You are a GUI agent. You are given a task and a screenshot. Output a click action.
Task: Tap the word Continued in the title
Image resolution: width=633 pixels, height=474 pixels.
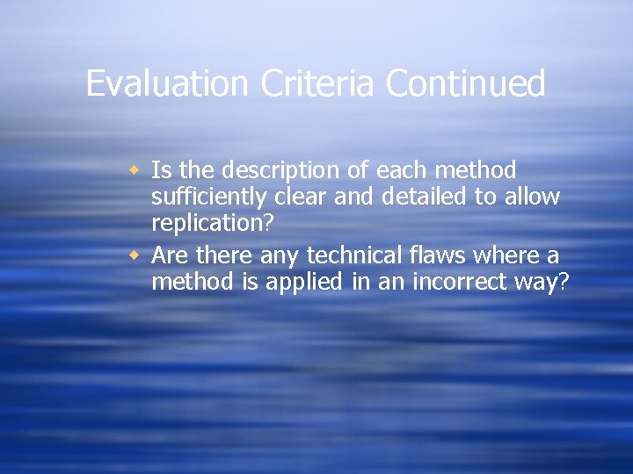pyautogui.click(x=466, y=84)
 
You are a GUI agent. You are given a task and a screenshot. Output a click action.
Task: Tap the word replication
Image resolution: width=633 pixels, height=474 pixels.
pyautogui.click(x=206, y=224)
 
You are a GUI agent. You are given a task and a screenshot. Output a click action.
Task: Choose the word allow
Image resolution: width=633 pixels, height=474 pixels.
pyautogui.click(x=532, y=197)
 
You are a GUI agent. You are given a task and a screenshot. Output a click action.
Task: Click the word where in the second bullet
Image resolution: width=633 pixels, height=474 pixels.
pyautogui.click(x=509, y=255)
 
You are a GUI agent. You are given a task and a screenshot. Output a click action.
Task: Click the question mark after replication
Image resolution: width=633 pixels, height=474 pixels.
pyautogui.click(x=268, y=224)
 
